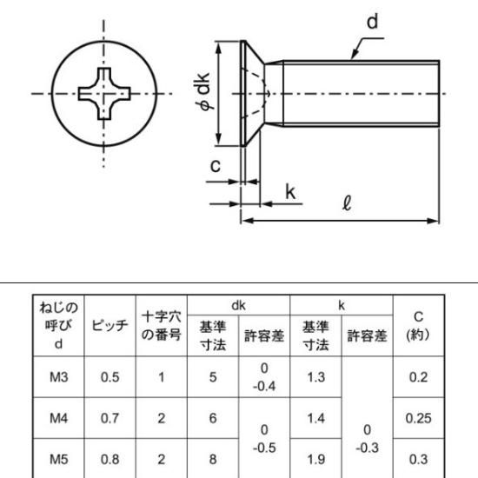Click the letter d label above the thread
[372, 22]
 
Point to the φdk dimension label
[202, 91]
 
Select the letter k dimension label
[290, 192]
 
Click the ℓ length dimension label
[347, 203]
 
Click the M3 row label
[58, 377]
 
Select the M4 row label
[58, 418]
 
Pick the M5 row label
[58, 459]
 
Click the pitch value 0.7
[110, 418]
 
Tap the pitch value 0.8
[110, 459]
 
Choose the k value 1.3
[315, 377]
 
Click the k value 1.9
[315, 459]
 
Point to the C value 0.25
[418, 418]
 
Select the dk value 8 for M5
[213, 459]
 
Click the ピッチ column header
[110, 325]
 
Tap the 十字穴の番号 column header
[162, 326]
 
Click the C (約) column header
[418, 326]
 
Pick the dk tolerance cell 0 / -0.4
[264, 377]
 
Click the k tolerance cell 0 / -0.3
[367, 439]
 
